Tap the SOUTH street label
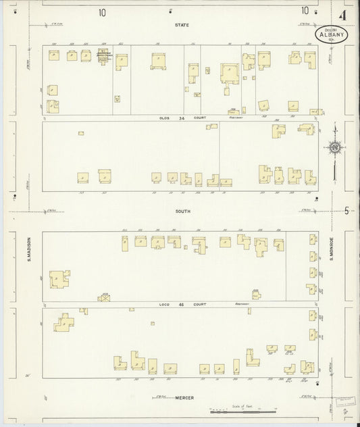tap(182, 211)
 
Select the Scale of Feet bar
tap(243, 410)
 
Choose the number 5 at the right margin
tap(345, 210)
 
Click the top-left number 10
tap(101, 11)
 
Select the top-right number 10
tap(306, 10)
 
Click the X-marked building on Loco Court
tap(105, 297)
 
